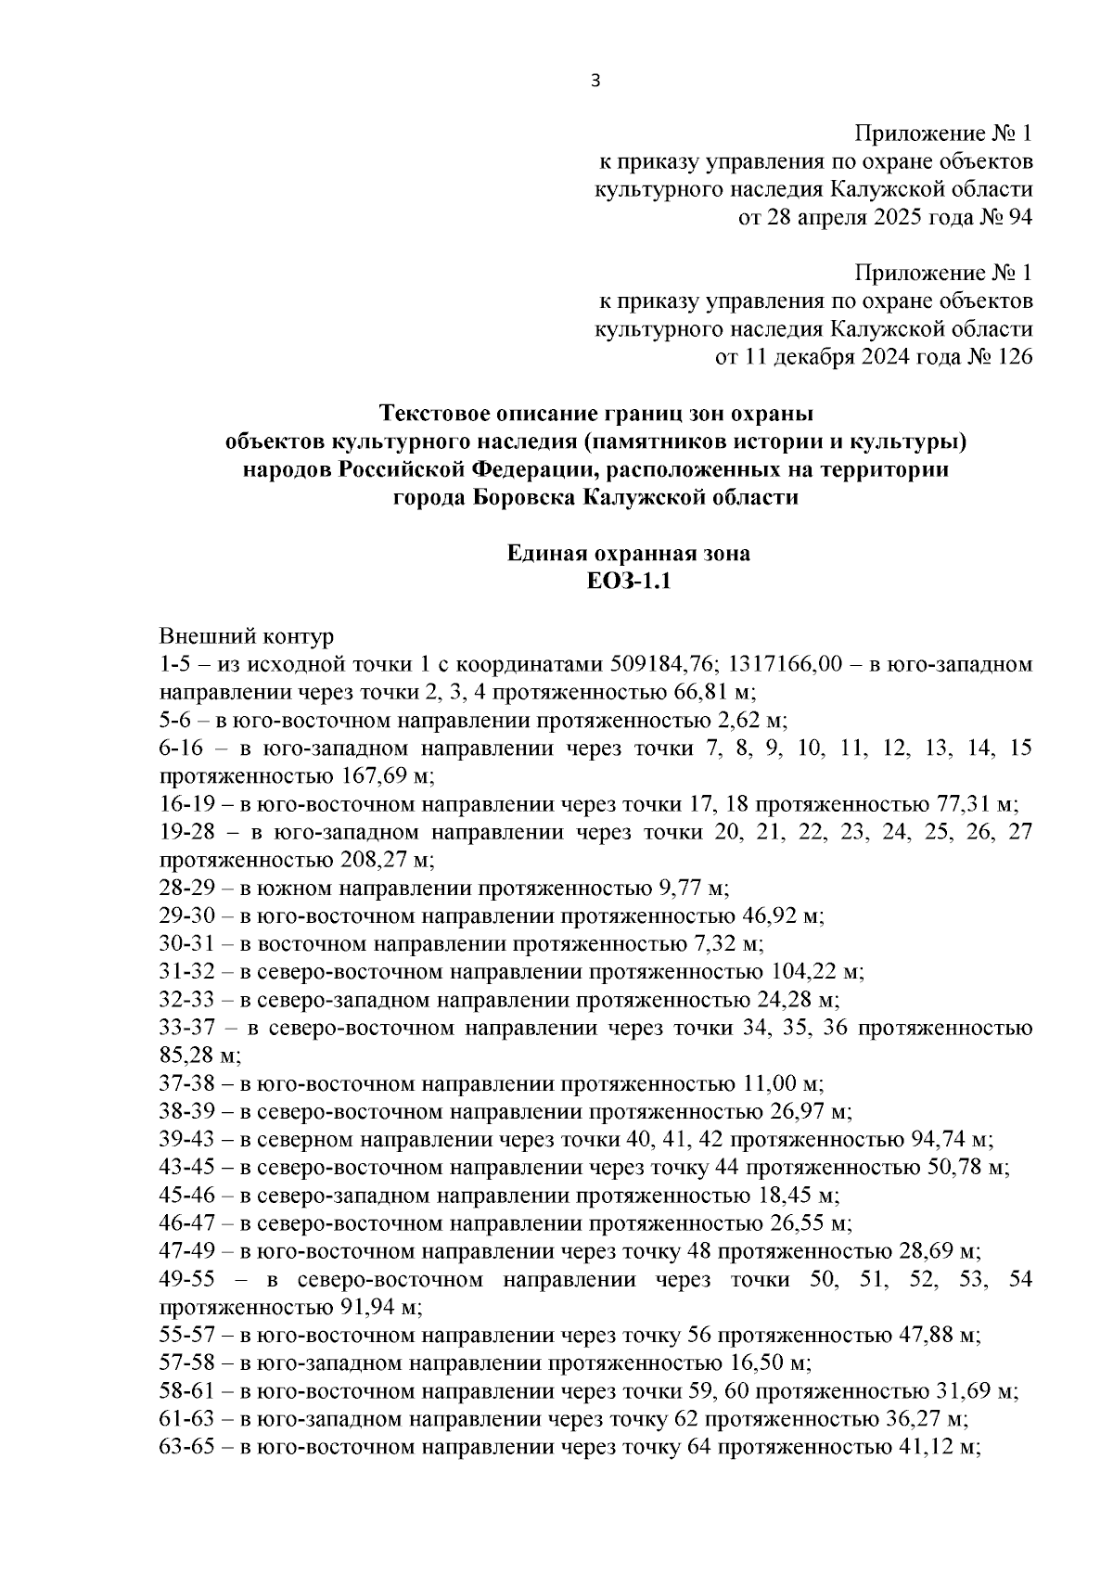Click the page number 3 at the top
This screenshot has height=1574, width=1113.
tap(595, 82)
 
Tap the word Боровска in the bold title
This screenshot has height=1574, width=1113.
tap(523, 497)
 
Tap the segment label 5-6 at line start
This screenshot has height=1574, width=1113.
tap(176, 721)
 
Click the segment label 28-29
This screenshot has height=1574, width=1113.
tap(187, 889)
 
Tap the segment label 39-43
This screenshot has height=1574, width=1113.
tap(187, 1139)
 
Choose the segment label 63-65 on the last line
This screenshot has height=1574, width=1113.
tap(187, 1447)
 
